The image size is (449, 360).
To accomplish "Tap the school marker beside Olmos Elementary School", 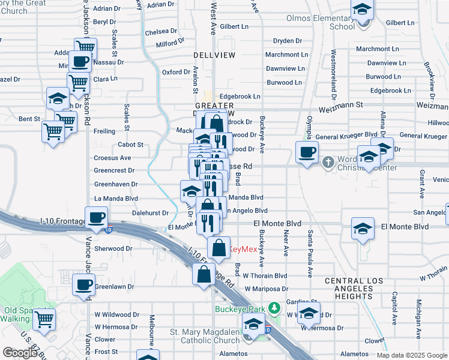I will click(x=362, y=11).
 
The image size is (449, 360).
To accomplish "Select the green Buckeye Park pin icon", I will click(x=274, y=308).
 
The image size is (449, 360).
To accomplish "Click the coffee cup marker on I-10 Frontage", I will click(x=96, y=218).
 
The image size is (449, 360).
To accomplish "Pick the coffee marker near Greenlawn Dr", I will click(x=83, y=284).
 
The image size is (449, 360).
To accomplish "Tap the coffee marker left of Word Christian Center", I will click(x=307, y=152).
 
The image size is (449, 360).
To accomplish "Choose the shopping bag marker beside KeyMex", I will click(x=219, y=247).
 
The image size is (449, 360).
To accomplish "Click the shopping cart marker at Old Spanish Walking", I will click(x=44, y=319).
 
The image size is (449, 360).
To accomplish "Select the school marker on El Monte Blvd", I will click(x=363, y=229).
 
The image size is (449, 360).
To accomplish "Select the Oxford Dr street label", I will click(x=176, y=72).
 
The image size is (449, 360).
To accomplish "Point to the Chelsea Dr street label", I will click(x=161, y=31).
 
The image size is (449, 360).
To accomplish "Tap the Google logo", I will click(x=20, y=353).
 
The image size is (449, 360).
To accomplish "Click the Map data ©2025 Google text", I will click(x=412, y=355).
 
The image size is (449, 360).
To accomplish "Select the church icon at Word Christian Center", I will click(x=328, y=162).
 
